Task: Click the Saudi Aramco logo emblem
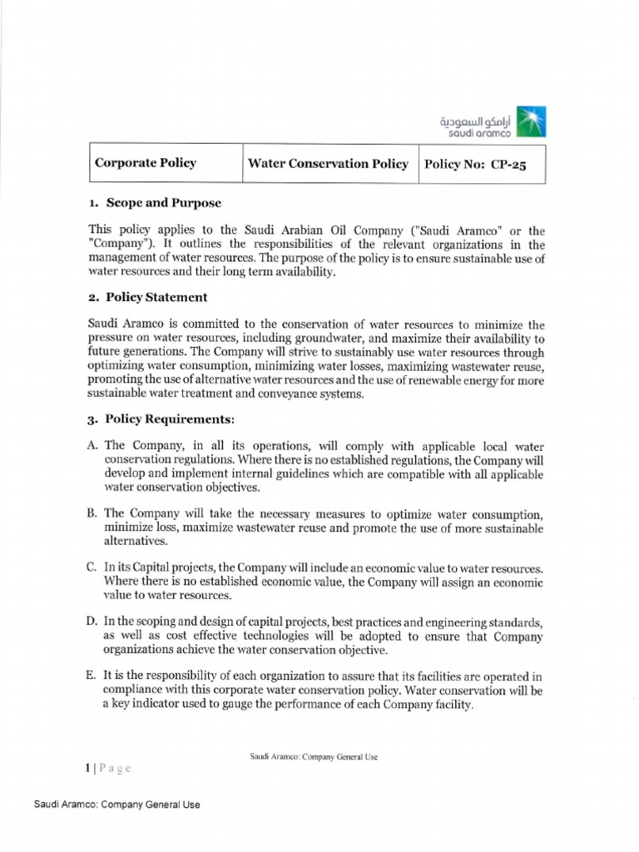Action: click(x=532, y=120)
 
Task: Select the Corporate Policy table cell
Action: click(x=146, y=163)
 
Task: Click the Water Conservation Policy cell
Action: click(x=328, y=163)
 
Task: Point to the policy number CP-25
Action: click(x=509, y=164)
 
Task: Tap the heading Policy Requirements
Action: click(x=166, y=419)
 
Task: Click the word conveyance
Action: click(x=286, y=394)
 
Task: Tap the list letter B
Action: click(x=92, y=513)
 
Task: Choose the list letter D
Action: click(x=92, y=622)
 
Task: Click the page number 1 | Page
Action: click(x=108, y=768)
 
